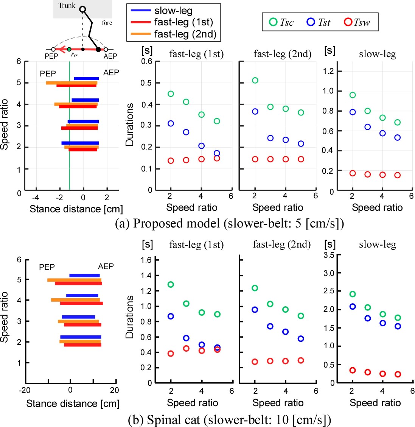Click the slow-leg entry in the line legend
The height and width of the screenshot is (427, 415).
173,11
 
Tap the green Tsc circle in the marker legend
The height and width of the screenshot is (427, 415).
273,22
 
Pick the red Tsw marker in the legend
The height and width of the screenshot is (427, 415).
348,22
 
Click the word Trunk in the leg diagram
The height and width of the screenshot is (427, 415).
67,6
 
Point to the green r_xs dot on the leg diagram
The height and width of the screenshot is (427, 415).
69,49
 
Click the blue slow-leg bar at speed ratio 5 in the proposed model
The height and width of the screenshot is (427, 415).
86,79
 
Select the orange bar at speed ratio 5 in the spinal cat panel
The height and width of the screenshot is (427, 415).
74,280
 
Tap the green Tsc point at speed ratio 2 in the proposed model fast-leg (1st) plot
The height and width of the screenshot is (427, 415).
171,94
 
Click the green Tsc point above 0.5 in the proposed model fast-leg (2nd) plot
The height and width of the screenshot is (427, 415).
255,80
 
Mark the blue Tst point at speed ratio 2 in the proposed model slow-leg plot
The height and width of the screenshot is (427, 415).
353,112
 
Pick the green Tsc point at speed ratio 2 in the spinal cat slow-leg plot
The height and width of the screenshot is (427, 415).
353,294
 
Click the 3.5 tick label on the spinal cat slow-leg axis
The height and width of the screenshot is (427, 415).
329,255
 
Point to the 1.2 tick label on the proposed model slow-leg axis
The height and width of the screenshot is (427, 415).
329,71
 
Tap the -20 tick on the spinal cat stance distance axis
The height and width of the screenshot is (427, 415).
25,390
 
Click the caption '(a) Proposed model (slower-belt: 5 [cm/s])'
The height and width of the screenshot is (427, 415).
230,224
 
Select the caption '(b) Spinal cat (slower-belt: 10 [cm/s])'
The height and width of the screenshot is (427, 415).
230,420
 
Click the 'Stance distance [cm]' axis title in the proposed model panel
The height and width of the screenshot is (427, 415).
76,209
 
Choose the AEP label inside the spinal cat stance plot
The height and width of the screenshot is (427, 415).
106,266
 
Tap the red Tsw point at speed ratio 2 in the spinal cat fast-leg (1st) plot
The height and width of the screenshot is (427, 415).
171,354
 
